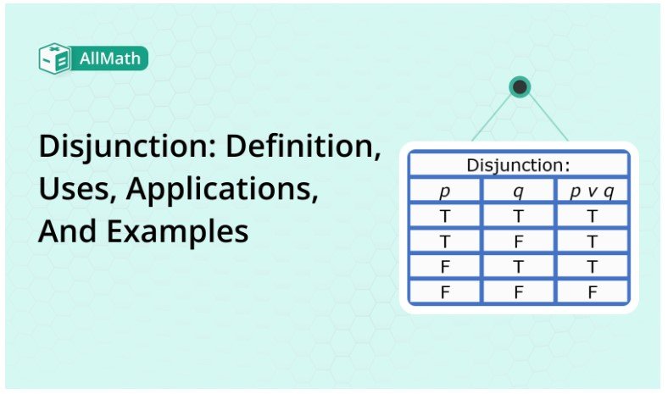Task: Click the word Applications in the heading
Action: (x=222, y=189)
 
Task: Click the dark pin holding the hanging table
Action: (x=520, y=86)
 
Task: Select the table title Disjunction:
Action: (x=519, y=164)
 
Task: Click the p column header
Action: (x=445, y=191)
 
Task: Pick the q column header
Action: (x=519, y=191)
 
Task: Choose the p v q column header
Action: (x=592, y=191)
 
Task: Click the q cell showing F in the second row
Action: (x=519, y=241)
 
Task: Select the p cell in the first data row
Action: (x=445, y=216)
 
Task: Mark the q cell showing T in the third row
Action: (x=519, y=266)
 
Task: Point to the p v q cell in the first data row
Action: (x=592, y=216)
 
